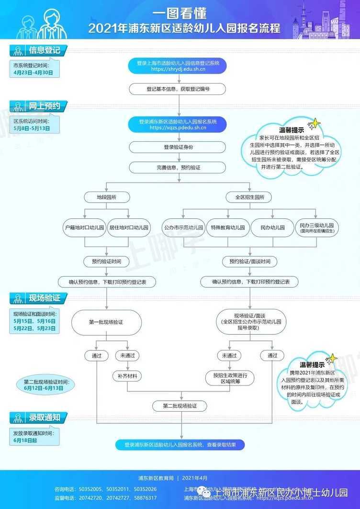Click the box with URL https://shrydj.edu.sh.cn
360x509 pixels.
tap(178, 66)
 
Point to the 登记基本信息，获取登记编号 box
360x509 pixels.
tap(178, 89)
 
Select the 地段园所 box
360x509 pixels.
tap(106, 197)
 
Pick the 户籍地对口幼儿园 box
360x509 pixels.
tap(84, 228)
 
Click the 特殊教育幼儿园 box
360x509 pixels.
tap(227, 228)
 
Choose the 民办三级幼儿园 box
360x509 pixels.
tap(317, 228)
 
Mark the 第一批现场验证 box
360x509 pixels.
tap(106, 322)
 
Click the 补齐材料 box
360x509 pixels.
tap(128, 376)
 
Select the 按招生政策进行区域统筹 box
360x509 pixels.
tap(229, 378)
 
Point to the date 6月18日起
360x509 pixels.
tap(25, 440)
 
